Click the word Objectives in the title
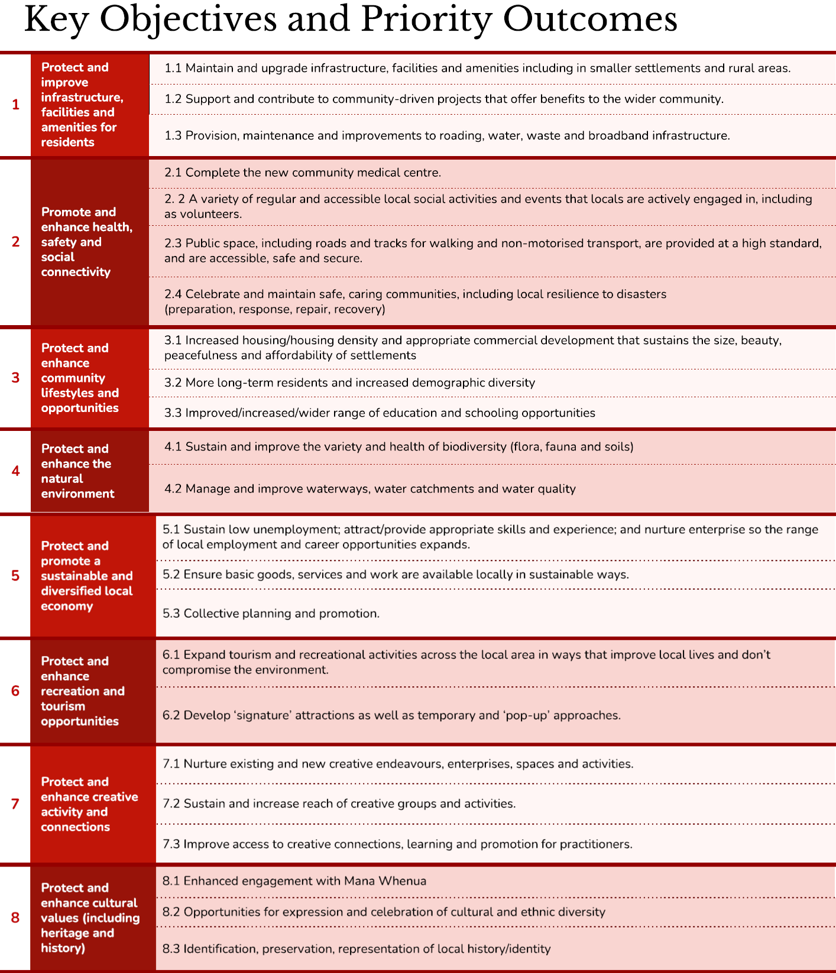[188, 20]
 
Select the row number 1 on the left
[15, 105]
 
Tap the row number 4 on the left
[15, 471]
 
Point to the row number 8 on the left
[15, 917]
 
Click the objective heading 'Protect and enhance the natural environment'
[77, 471]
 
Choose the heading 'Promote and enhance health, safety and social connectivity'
[86, 242]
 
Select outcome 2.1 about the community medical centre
[302, 173]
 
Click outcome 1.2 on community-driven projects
[443, 99]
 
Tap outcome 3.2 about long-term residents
[349, 382]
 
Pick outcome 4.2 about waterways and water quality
[370, 489]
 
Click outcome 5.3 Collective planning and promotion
[271, 614]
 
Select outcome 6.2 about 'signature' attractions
[391, 715]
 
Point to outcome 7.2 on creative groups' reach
[339, 803]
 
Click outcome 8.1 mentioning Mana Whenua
[294, 881]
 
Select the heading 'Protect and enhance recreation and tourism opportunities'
[82, 691]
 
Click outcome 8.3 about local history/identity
[357, 949]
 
